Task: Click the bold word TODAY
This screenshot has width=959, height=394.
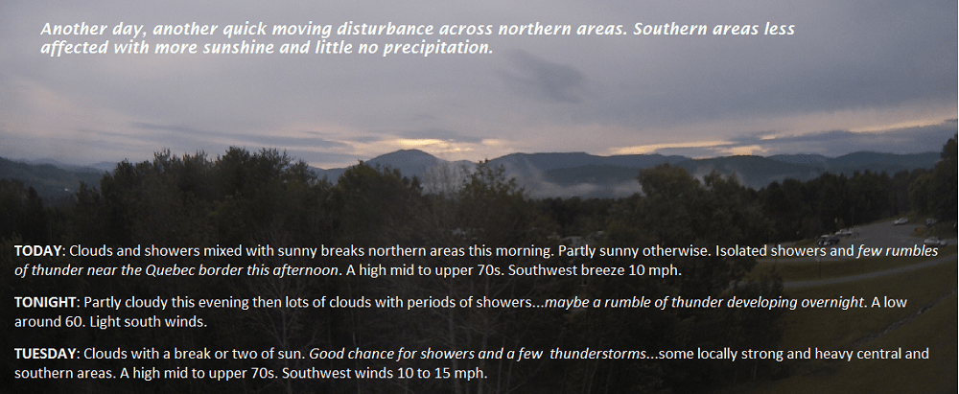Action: pos(39,251)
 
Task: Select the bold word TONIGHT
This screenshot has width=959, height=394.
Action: pos(46,302)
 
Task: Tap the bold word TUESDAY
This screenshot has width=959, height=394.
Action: pos(46,354)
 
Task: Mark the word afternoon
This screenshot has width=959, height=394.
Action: pos(307,270)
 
